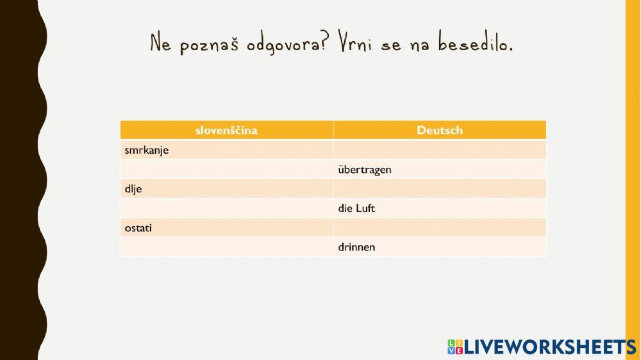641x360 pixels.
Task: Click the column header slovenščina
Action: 226,130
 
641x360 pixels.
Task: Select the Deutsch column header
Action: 440,130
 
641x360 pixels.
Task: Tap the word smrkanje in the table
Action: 146,151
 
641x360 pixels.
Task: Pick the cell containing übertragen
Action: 440,169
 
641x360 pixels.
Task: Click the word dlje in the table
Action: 133,189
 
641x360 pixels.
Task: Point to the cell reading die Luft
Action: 440,208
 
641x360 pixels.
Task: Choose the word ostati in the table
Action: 138,228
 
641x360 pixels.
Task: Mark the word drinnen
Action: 356,247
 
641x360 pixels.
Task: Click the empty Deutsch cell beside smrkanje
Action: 440,149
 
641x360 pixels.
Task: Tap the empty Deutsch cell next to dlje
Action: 440,188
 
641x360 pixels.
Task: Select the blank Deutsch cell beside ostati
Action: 440,227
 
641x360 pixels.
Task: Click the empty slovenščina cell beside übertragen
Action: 226,169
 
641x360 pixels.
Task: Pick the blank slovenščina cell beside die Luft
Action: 226,208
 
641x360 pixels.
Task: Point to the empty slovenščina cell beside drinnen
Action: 226,247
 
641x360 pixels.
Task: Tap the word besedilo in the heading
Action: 476,42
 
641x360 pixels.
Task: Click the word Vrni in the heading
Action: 355,42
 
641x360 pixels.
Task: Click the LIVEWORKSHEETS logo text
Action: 550,347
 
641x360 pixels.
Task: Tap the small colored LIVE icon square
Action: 455,347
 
